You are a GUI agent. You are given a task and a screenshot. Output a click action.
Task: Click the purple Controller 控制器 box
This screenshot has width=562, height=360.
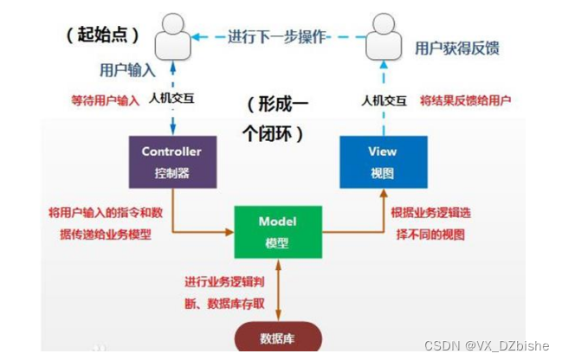171,162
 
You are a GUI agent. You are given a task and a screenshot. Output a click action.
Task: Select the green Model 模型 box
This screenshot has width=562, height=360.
277,231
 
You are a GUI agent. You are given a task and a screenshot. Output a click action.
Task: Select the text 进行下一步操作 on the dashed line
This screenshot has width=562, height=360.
277,37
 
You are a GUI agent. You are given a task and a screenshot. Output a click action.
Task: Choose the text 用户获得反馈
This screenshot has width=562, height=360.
456,48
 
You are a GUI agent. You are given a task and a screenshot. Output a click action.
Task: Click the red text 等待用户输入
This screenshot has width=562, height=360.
104,100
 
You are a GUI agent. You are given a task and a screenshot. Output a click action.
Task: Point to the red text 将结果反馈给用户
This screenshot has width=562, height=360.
465,100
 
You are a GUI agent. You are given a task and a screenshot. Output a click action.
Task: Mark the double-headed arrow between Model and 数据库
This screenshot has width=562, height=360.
277,290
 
